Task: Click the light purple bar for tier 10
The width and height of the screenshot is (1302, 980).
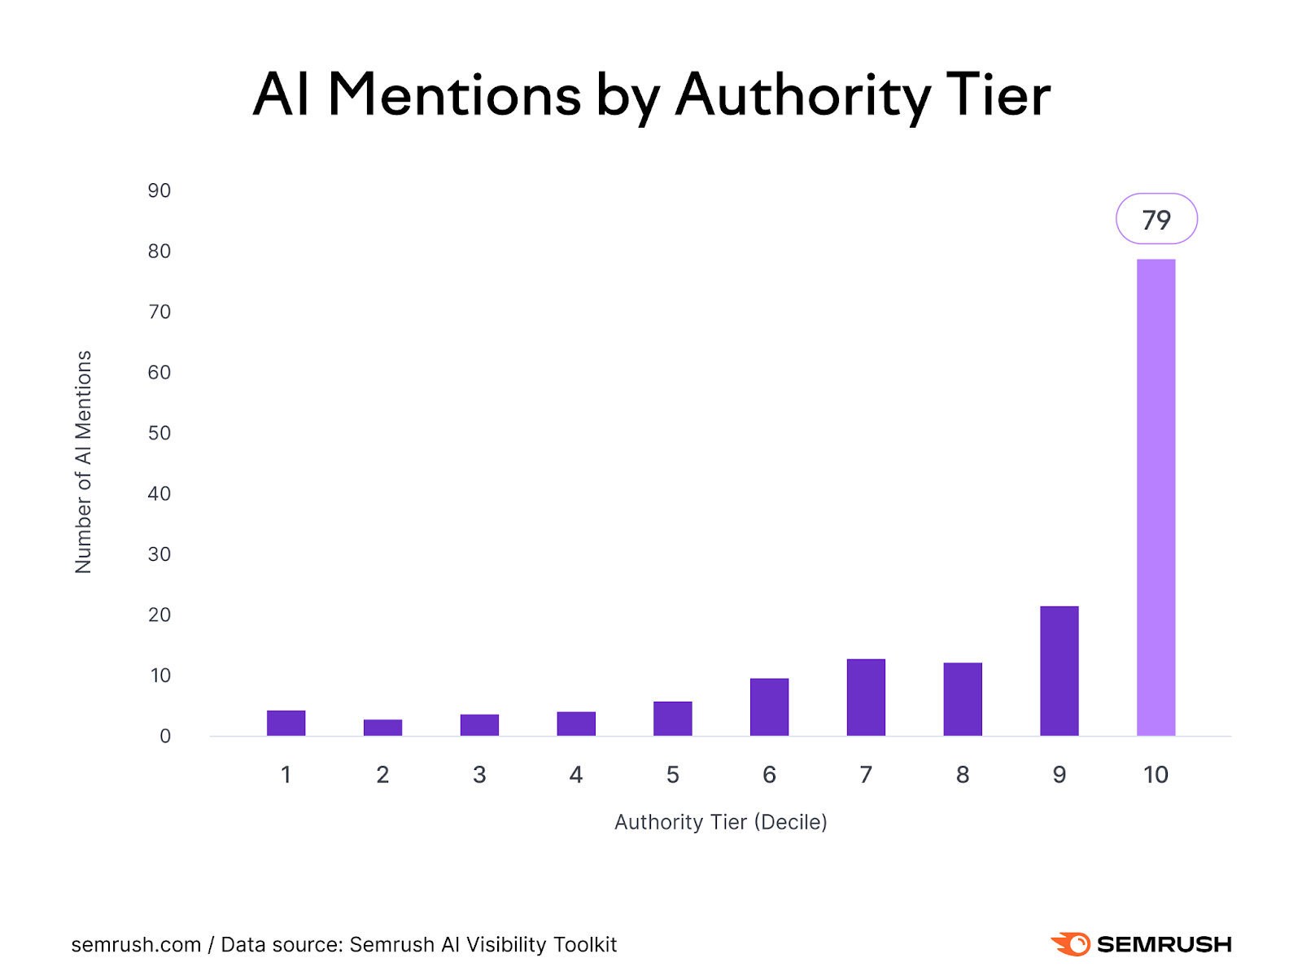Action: point(1156,497)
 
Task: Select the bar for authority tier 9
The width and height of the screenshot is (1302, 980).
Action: point(1059,671)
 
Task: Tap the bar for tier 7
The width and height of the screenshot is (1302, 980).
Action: point(866,698)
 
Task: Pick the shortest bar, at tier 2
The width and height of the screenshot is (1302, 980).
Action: point(382,728)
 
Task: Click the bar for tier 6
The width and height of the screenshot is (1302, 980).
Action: point(769,707)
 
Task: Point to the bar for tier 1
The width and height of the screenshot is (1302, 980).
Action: point(286,724)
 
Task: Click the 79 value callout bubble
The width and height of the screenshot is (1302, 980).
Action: point(1156,219)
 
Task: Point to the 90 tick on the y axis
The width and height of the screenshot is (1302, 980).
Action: point(159,190)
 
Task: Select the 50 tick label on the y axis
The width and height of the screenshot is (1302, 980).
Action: point(159,433)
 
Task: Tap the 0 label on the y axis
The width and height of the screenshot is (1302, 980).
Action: point(165,737)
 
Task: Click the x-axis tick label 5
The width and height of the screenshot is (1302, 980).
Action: point(672,775)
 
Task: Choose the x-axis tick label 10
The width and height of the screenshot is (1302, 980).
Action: point(1156,775)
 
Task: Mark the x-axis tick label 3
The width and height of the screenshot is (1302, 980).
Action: point(479,775)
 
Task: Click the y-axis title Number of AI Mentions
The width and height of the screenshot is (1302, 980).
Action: point(83,462)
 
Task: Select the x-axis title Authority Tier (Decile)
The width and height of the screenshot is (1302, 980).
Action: point(720,822)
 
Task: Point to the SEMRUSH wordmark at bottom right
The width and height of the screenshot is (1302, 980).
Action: point(1164,944)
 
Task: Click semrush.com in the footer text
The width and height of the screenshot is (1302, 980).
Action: point(136,945)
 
